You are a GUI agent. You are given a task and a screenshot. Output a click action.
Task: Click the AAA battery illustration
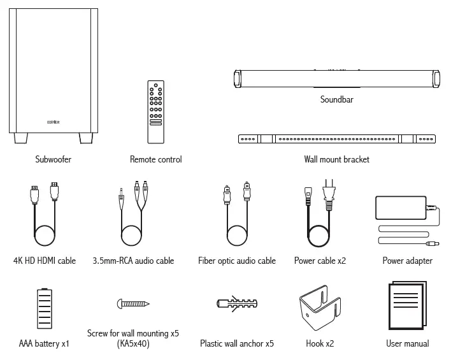click(44, 312)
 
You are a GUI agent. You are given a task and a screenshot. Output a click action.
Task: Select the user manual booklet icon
click(407, 308)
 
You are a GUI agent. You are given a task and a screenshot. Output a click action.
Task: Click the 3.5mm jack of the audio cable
click(120, 194)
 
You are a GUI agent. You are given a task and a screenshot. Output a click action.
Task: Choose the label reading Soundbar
click(336, 100)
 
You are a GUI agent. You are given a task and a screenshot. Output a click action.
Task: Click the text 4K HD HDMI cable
click(45, 261)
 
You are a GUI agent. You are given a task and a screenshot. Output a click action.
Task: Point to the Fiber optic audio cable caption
click(237, 261)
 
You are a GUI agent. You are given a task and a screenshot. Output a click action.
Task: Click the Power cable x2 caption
click(320, 261)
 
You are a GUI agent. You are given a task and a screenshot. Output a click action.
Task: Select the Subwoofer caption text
click(54, 159)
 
